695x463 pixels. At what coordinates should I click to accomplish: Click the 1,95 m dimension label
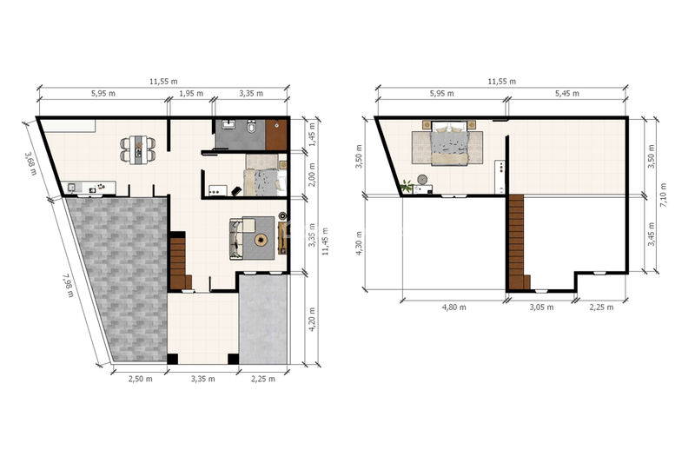tap(191, 94)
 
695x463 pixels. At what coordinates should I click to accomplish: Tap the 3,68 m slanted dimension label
tap(30, 163)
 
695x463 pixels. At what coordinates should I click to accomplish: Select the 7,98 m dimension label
tap(68, 285)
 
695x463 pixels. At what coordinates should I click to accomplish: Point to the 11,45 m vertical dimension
tap(326, 241)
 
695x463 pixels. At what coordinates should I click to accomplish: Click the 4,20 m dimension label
tap(313, 320)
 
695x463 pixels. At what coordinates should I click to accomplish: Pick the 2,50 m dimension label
tap(141, 379)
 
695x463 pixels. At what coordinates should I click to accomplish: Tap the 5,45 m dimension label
tap(567, 94)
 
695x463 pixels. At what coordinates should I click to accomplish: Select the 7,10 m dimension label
tap(663, 195)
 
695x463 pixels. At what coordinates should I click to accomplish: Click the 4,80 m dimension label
tap(453, 307)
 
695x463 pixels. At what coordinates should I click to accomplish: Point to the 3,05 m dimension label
tap(541, 307)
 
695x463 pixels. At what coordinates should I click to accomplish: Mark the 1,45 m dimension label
tap(312, 136)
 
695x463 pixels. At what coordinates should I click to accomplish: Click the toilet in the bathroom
tap(252, 126)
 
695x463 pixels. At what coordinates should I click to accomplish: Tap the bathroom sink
tap(229, 124)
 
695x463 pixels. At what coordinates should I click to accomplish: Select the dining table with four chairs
tap(138, 149)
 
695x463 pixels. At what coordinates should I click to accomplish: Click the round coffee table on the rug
tap(261, 241)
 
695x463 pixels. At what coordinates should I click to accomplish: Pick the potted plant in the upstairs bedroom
tap(407, 186)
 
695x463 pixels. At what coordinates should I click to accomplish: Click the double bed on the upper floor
tap(450, 143)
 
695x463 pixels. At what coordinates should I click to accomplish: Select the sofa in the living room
tap(237, 239)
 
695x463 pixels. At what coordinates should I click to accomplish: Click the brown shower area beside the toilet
tap(276, 135)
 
